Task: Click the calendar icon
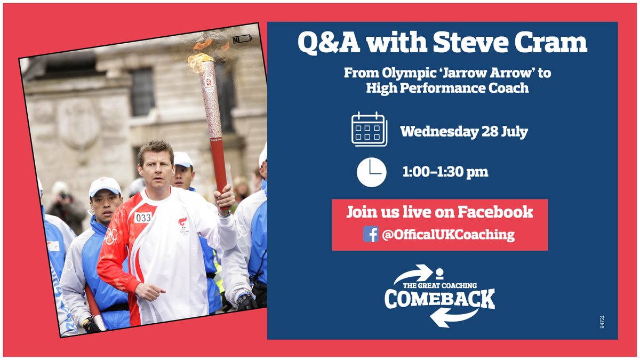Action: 369,130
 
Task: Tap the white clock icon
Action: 371,171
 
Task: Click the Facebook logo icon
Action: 371,234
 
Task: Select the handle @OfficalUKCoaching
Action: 448,235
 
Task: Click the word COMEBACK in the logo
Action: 439,299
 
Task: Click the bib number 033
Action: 143,218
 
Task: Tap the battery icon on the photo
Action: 242,38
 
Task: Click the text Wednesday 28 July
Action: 464,131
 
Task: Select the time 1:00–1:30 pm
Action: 445,172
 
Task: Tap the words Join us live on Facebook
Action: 439,212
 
